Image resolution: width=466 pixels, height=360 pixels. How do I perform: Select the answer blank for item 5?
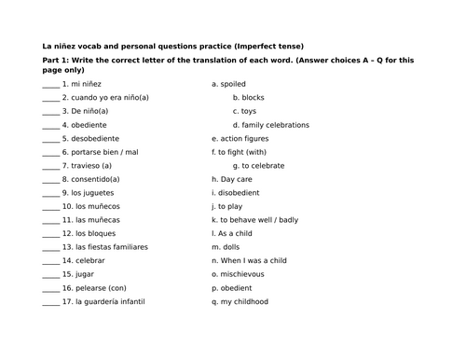click(x=51, y=138)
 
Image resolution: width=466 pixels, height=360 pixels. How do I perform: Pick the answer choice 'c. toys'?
click(x=248, y=111)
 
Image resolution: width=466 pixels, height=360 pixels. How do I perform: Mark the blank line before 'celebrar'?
click(x=51, y=261)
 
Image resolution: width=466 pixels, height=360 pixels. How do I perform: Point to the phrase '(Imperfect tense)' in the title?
click(x=267, y=46)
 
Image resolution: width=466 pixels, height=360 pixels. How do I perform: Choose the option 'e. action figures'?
click(x=241, y=138)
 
